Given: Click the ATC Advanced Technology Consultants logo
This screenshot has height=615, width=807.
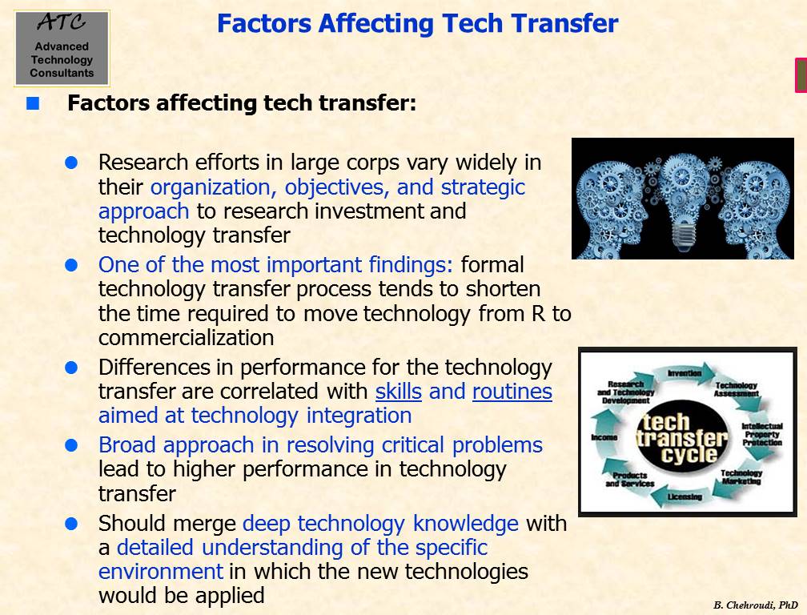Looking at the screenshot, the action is click(62, 48).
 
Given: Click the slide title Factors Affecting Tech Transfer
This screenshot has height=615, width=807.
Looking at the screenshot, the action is click(417, 24).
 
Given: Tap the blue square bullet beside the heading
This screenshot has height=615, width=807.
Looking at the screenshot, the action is click(33, 103).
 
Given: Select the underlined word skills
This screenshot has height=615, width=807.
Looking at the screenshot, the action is click(399, 392).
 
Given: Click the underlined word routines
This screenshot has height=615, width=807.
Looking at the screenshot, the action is click(512, 392).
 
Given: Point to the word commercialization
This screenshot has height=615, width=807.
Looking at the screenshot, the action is click(187, 338).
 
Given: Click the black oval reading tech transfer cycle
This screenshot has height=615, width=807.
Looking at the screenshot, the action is click(682, 437).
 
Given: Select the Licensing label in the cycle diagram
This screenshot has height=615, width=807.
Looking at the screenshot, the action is click(685, 496).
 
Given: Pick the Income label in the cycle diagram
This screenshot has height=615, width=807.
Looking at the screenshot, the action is click(604, 437).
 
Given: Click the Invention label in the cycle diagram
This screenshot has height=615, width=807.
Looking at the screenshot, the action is click(685, 372).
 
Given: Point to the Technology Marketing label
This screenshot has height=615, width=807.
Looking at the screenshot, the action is click(741, 477).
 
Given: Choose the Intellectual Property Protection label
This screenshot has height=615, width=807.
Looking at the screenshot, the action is click(762, 434).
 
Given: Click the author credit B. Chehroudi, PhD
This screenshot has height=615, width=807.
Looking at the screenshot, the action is click(756, 605).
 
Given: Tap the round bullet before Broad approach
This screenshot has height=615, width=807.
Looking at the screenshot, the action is click(71, 446).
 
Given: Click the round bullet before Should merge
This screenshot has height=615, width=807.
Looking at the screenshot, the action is click(71, 524).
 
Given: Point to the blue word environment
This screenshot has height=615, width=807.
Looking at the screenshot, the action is click(161, 572).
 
